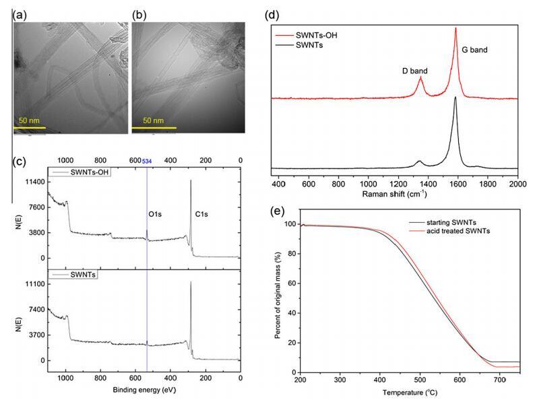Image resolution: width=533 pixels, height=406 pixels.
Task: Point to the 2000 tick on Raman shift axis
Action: click(518, 182)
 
